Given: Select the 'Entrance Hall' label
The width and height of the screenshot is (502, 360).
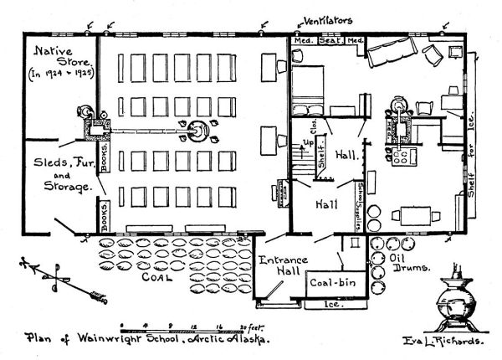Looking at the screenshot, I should pyautogui.click(x=282, y=268).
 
